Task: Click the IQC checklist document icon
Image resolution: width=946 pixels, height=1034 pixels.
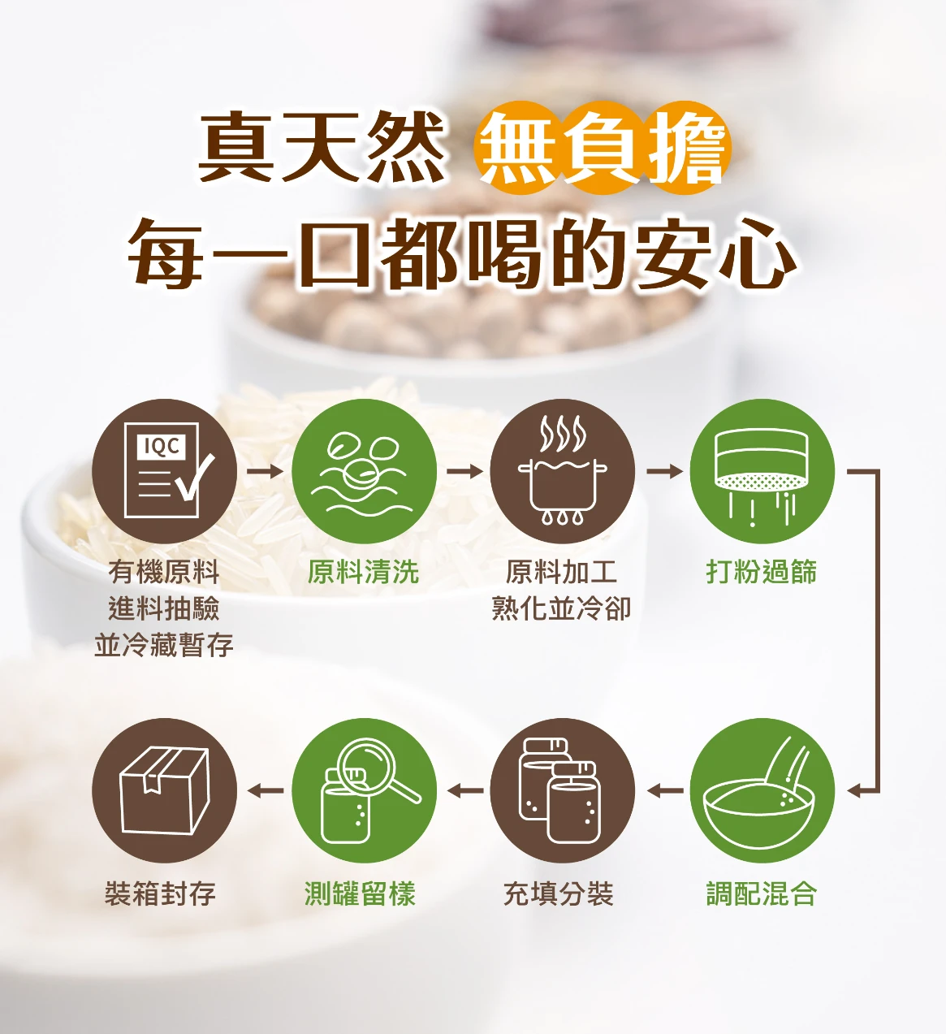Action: [x=164, y=471]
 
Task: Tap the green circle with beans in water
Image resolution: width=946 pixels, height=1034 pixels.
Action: [x=364, y=471]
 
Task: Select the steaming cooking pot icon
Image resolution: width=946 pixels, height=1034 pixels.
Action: [x=563, y=471]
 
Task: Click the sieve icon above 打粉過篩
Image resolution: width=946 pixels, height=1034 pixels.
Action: [x=762, y=471]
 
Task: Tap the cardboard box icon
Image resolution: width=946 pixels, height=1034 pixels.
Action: [x=164, y=790]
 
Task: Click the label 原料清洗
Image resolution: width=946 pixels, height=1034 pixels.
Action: [x=364, y=572]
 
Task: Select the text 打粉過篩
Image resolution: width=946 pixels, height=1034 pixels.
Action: [x=762, y=572]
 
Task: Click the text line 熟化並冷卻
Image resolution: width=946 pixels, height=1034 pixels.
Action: [x=561, y=608]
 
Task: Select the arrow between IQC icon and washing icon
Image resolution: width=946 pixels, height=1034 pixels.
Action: [x=265, y=471]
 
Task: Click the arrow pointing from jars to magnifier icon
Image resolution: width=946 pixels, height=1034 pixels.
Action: [x=465, y=790]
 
